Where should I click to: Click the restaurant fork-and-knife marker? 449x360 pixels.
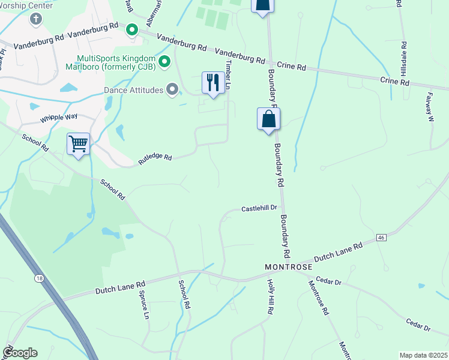[213, 83]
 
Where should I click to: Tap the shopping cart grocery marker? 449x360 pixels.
[78, 144]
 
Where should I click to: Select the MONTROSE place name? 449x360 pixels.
[289, 266]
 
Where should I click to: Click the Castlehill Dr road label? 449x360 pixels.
[259, 208]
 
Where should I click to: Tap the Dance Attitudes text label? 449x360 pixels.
[134, 90]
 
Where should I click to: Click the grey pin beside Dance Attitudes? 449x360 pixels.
[173, 90]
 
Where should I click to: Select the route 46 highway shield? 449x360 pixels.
[381, 238]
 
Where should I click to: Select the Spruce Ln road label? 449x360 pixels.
[144, 305]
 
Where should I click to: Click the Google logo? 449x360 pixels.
[19, 353]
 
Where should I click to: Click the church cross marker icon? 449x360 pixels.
[35, 19]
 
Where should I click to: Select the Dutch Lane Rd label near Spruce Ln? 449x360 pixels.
[120, 287]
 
